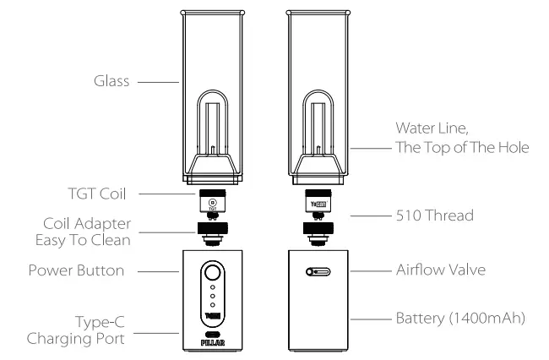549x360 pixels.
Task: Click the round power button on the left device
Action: coord(212,275)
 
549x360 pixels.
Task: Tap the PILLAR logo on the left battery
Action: coord(212,345)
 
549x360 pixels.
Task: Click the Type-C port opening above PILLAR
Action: coord(212,333)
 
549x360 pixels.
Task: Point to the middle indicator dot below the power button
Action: coord(212,304)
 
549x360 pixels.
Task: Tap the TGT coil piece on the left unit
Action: coord(212,203)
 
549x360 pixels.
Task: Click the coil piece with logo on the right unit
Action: coord(318,203)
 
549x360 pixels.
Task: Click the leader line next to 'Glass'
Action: coord(157,83)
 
